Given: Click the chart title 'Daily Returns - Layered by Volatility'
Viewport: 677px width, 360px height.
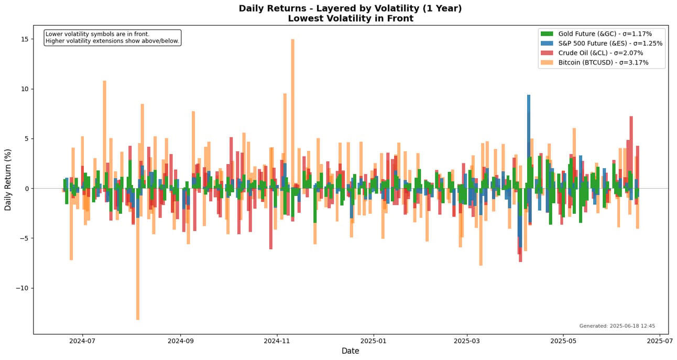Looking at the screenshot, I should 350,8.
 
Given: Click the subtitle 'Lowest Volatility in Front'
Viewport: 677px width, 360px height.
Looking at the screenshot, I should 350,19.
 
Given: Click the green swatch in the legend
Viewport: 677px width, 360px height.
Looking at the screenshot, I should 547,34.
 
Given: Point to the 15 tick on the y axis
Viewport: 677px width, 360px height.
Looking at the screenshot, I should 24,39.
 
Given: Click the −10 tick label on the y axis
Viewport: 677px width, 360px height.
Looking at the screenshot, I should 20,288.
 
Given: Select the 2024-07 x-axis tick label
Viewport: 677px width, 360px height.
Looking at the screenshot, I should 82,340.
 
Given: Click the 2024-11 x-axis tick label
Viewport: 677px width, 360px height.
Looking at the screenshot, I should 277,340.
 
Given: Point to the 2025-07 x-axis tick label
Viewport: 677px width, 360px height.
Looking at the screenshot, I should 659,340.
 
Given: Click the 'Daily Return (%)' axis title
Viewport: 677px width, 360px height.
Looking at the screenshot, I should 8,180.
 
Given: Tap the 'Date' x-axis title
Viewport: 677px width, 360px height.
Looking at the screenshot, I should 350,351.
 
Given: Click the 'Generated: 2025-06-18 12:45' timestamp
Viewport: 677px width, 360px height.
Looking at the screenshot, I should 617,326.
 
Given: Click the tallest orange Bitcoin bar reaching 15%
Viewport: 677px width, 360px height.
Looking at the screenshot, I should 292,105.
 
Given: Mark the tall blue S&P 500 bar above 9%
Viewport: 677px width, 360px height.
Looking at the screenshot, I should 529,136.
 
